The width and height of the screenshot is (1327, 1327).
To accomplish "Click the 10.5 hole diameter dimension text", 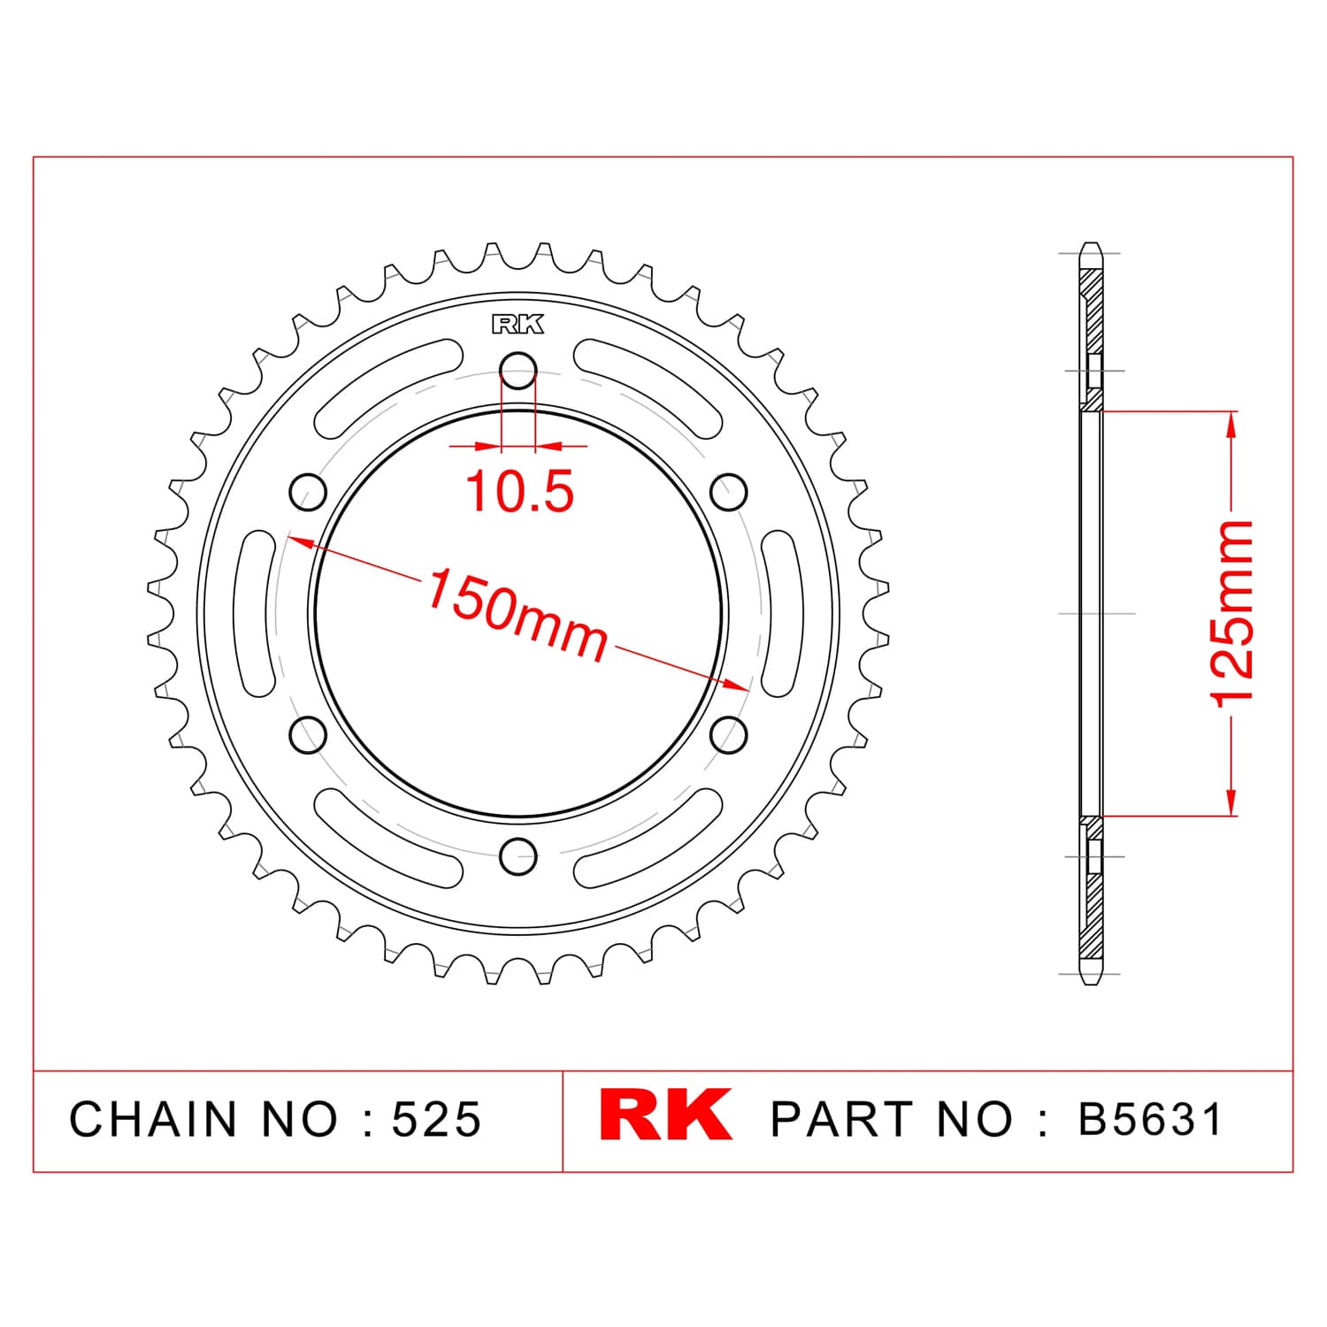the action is coord(520,492).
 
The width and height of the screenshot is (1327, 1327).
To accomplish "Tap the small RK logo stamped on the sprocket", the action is coord(518,325).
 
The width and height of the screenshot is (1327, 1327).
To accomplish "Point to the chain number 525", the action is coord(437,1119).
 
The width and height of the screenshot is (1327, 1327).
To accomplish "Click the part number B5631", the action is coord(1150,1119).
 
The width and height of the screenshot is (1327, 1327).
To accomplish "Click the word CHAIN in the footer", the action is coord(154,1119).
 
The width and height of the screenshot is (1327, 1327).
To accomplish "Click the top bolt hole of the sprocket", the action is coord(518,371).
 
